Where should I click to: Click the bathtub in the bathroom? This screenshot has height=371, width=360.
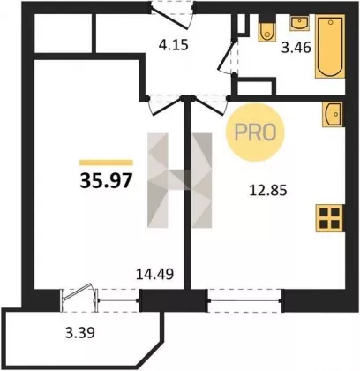[330, 46]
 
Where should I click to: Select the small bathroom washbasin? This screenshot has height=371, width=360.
[300, 22]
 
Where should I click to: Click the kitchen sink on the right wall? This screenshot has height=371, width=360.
[334, 115]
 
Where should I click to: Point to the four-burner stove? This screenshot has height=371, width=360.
[330, 218]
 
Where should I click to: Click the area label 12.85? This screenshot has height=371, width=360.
[268, 191]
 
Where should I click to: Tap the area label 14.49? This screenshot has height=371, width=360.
[154, 274]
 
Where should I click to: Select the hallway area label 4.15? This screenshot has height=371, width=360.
[173, 46]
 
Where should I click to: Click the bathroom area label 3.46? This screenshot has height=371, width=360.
[296, 48]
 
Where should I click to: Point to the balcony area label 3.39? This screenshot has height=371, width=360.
[80, 333]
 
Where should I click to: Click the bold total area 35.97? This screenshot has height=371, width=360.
[106, 180]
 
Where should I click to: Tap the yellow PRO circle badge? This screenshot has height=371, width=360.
[255, 132]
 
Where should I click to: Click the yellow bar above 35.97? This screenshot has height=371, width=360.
[106, 163]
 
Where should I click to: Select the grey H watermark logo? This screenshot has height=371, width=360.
[180, 180]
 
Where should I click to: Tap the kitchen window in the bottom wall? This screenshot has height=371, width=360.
[244, 300]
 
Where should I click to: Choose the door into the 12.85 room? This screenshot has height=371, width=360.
[211, 105]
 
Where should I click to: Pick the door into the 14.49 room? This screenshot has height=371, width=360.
[165, 105]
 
